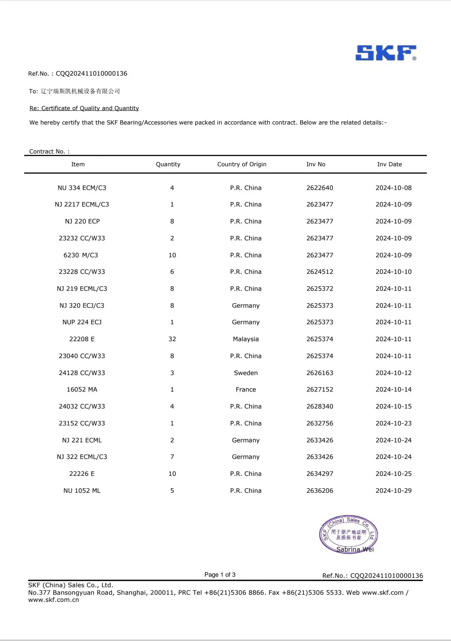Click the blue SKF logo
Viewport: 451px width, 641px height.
(x=386, y=53)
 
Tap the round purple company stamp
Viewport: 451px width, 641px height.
(x=348, y=535)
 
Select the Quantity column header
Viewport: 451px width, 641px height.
(x=168, y=164)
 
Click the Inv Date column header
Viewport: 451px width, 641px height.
(x=389, y=164)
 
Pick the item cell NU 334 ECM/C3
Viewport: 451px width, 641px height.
(x=82, y=188)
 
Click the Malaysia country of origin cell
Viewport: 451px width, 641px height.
(x=246, y=339)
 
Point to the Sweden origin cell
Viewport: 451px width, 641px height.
(x=246, y=373)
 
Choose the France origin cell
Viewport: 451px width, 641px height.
(x=246, y=389)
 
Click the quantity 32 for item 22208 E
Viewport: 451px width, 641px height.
(x=172, y=339)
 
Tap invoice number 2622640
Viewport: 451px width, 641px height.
(x=320, y=188)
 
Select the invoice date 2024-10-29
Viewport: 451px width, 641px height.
(x=393, y=491)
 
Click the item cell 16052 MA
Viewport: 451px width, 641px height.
(x=82, y=389)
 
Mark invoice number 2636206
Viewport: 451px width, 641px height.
(x=320, y=491)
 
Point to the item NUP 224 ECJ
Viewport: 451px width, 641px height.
(x=82, y=322)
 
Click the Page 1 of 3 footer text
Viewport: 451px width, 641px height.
(x=220, y=574)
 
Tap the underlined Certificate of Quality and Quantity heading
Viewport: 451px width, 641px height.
(x=84, y=108)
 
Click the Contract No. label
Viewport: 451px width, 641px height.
(x=49, y=151)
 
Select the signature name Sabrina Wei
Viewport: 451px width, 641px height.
(x=355, y=549)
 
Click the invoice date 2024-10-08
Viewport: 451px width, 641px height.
(x=393, y=188)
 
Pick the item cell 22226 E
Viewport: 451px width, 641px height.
(x=82, y=474)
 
